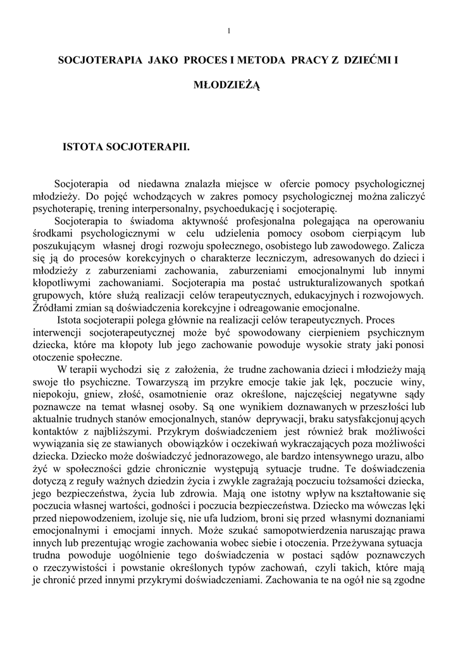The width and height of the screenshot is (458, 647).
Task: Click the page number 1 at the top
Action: click(228, 30)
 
